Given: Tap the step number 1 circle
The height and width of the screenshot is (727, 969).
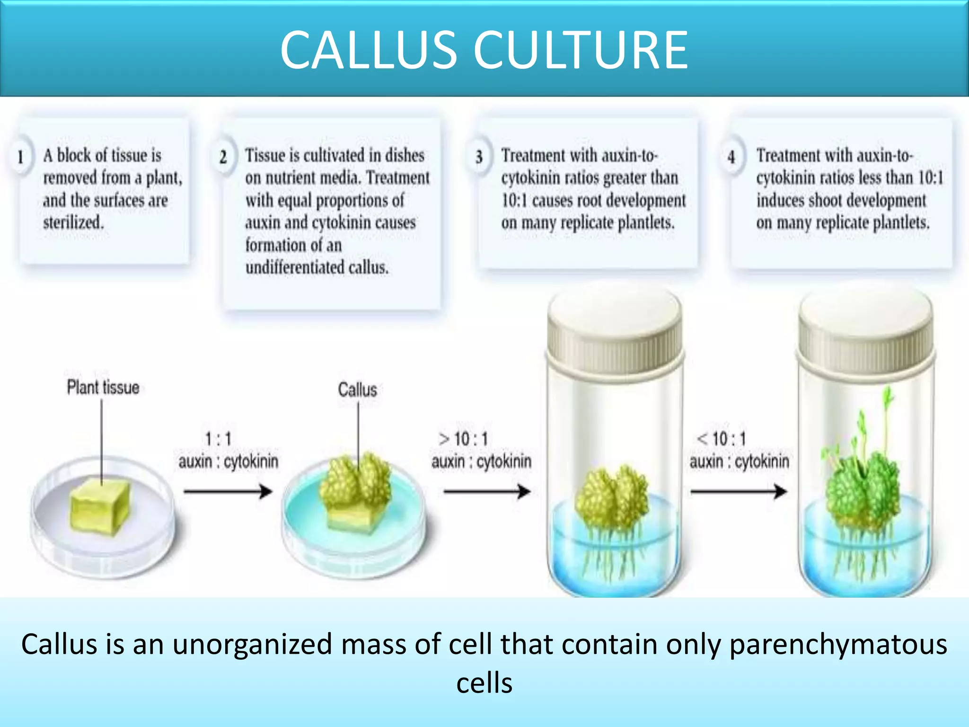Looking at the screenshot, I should click(20, 157).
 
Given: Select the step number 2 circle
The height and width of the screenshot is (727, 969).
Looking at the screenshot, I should click(223, 157).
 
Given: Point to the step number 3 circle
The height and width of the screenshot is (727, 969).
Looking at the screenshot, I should click(479, 157).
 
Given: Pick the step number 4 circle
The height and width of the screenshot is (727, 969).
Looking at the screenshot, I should click(731, 157).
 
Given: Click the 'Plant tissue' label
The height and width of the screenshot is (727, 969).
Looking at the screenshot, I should click(103, 388).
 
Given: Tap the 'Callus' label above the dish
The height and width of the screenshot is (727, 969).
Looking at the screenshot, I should click(357, 390).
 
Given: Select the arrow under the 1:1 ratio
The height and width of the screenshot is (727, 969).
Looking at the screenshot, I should click(228, 492).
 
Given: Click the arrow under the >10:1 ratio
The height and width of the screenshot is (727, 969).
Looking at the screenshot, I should click(486, 492).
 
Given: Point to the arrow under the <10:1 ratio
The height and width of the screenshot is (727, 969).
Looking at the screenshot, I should click(738, 492).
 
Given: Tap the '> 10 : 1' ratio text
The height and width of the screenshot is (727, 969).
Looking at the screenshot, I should click(463, 439).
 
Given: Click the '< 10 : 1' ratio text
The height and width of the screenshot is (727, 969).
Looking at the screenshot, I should click(721, 439).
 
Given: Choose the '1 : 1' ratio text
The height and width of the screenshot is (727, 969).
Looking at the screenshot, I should click(218, 439).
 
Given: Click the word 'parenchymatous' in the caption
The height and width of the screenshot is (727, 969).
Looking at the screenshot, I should click(838, 645).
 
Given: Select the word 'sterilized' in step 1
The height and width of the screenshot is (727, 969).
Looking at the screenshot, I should click(73, 222).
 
